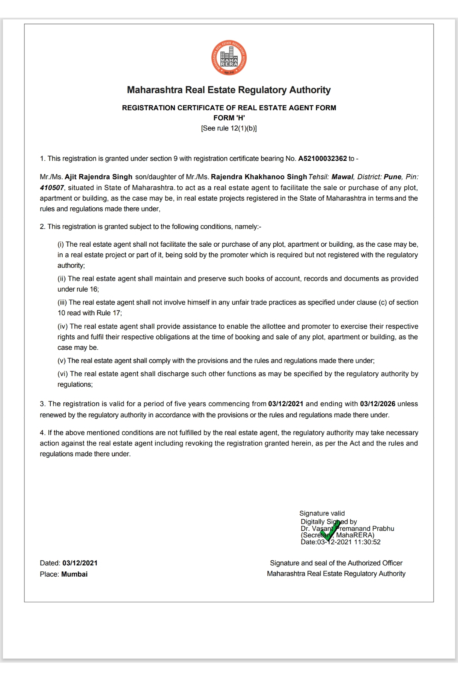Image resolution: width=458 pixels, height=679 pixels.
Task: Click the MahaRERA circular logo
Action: (229, 58)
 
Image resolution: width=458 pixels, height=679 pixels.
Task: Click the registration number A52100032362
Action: (322, 159)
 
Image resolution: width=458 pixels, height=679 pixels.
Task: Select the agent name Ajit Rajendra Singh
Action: (98, 177)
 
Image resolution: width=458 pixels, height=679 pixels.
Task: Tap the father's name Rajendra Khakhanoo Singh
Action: (259, 177)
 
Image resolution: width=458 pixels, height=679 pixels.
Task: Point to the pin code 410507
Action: (52, 187)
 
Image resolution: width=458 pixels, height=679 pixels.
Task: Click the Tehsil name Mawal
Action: (342, 177)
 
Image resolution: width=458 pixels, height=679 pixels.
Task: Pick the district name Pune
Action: (392, 177)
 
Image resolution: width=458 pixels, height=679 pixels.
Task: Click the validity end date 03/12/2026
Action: (377, 404)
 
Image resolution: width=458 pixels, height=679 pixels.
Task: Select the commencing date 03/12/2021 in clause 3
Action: (286, 404)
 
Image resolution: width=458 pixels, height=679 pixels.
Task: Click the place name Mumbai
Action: (74, 574)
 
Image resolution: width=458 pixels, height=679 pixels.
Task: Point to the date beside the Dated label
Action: (80, 563)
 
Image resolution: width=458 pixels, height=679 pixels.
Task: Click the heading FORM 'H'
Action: (229, 118)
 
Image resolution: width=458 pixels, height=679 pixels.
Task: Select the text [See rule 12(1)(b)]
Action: (229, 128)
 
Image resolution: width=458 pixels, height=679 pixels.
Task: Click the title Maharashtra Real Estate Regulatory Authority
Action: (229, 90)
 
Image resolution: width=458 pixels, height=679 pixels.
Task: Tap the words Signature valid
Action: (322, 513)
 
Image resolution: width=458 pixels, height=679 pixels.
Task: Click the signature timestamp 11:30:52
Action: (367, 542)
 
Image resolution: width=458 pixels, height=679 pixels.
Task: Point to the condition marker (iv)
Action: (62, 326)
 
